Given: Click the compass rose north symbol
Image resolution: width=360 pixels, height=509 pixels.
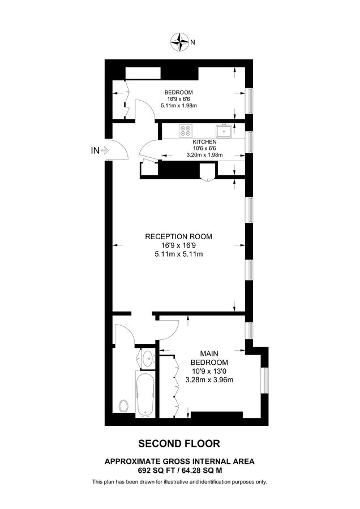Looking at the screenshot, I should pos(180,41).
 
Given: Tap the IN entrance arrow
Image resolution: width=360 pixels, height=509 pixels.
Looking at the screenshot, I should pos(105,150).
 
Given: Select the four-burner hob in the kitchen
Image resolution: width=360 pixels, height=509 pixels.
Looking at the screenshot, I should pos(185,131).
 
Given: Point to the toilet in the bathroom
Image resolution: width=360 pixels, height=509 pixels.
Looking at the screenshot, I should pos(124,406).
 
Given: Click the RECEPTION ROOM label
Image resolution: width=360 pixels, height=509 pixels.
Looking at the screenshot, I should pos(179,236).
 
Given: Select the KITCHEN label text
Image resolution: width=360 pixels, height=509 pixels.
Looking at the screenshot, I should pos(204,142).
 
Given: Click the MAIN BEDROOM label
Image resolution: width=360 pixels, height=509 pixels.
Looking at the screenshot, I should pos(209,357).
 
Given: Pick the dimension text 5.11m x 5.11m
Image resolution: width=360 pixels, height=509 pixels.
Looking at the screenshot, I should pos(179,255).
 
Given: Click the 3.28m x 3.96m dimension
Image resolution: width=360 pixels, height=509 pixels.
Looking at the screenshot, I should pos(209,379).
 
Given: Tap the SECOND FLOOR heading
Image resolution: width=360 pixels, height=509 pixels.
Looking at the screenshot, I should pos(179,444).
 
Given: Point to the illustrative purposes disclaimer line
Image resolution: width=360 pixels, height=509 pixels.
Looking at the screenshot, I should pos(179,482).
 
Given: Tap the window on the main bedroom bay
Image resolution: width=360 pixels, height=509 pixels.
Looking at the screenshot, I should pos(263,381).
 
